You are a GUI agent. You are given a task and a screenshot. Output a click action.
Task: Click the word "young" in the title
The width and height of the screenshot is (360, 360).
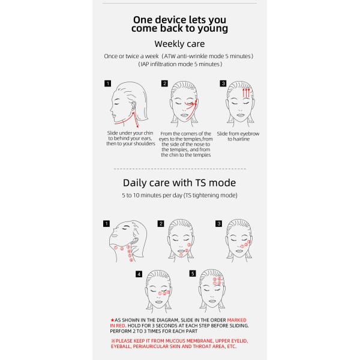(x=212, y=28)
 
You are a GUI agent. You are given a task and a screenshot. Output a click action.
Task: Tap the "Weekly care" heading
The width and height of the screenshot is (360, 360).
(x=179, y=44)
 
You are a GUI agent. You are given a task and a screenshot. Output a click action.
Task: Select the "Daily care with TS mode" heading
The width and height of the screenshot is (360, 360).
(x=179, y=183)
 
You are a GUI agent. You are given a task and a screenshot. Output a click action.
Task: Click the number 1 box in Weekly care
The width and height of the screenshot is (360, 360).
(x=107, y=83)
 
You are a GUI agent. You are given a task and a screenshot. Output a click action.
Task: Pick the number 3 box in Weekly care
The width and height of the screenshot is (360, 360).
(x=223, y=83)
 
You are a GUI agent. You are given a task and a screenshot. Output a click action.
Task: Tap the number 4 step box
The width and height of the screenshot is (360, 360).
(x=139, y=274)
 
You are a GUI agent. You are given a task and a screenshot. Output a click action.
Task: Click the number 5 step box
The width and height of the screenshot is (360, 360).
(x=193, y=274)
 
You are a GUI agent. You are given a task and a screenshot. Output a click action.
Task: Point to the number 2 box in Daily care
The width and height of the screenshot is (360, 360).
(x=161, y=224)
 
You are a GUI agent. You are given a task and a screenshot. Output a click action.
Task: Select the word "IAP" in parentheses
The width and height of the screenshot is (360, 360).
(x=146, y=64)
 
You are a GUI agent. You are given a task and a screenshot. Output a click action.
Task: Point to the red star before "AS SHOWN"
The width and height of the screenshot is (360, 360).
(x=112, y=320)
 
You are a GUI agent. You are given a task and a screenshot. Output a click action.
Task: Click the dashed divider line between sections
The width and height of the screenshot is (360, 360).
(x=179, y=169)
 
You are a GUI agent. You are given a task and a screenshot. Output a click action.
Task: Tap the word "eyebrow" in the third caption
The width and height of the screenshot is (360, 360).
(x=250, y=133)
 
